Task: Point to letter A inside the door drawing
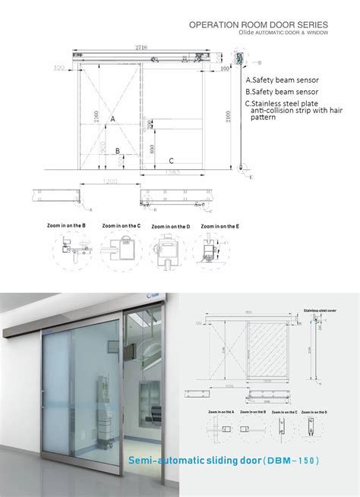(112, 119)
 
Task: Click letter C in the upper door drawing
(172, 160)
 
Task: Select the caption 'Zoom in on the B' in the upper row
(67, 225)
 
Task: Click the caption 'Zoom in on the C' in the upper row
(122, 225)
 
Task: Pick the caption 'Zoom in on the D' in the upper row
(170, 226)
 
